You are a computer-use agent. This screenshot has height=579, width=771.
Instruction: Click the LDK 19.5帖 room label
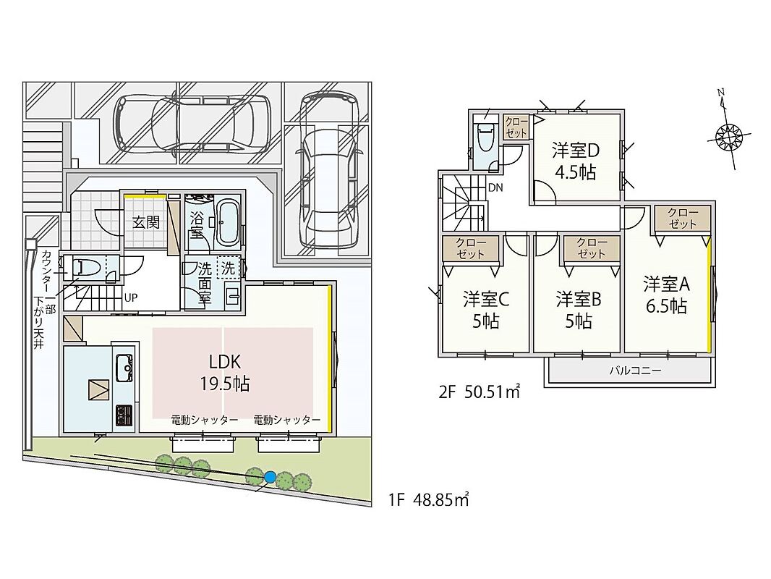(x=225, y=373)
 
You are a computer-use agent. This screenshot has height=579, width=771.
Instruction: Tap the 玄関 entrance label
(x=146, y=222)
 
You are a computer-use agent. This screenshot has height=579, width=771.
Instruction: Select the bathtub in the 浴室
(x=227, y=223)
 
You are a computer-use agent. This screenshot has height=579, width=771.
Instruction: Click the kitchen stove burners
(x=124, y=415)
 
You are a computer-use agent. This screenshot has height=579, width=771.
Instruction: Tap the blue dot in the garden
(x=270, y=477)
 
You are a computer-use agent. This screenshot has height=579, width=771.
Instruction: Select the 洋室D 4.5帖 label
(x=575, y=161)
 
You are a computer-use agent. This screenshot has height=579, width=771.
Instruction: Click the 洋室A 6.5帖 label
(x=666, y=295)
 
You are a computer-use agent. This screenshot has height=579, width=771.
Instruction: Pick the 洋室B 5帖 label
(x=579, y=310)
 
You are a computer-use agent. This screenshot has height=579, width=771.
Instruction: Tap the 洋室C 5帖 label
(x=485, y=310)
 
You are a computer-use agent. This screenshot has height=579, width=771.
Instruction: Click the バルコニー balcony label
(x=635, y=371)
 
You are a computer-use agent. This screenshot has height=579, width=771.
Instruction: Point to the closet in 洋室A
(x=683, y=219)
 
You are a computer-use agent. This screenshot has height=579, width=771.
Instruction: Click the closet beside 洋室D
(x=516, y=127)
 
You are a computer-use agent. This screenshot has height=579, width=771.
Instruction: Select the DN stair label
(x=495, y=187)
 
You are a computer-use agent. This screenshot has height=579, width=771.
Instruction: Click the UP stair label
(x=130, y=297)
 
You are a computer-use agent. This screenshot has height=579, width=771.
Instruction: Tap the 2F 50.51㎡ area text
(x=479, y=392)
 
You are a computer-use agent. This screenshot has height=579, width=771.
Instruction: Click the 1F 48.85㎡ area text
(x=428, y=500)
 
